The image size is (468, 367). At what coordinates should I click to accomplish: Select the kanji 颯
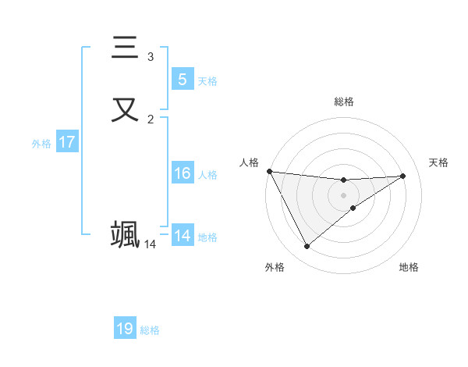[125, 234]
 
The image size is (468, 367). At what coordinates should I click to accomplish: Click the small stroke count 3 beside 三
[151, 57]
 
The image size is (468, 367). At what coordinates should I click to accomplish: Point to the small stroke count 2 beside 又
[151, 119]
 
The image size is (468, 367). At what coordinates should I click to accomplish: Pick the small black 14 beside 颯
[150, 244]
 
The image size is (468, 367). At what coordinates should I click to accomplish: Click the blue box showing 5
[182, 80]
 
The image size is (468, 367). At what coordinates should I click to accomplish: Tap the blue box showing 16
[182, 173]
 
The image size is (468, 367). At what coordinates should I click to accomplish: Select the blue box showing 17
[67, 142]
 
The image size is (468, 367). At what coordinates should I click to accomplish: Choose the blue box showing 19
[125, 329]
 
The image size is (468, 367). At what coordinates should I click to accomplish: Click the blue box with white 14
[182, 236]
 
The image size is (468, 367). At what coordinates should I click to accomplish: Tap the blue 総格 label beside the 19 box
[150, 330]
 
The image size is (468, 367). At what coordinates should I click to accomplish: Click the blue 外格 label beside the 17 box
[41, 144]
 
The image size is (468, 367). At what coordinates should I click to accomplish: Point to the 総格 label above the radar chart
[344, 102]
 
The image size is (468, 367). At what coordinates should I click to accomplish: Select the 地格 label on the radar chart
[409, 267]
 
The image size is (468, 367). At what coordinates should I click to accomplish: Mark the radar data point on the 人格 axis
[269, 171]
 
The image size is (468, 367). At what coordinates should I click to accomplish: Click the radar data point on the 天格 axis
[403, 176]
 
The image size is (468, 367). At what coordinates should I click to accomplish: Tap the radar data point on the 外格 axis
[307, 247]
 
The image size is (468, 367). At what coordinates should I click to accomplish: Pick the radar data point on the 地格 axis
[353, 208]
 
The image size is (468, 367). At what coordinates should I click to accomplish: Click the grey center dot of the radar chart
[344, 195]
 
